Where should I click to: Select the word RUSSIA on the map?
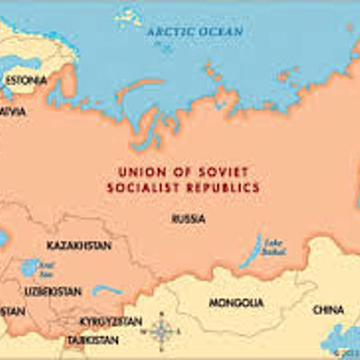[x=187, y=219]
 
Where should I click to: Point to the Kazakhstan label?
[x=76, y=245]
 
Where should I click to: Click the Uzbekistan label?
[x=53, y=292]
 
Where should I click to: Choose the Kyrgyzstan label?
[x=110, y=321]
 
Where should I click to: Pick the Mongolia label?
[x=236, y=302]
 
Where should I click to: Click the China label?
[x=328, y=310]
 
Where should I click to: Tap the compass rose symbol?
[x=162, y=332]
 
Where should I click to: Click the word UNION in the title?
[x=139, y=171]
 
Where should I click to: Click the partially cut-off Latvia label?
[x=12, y=112]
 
